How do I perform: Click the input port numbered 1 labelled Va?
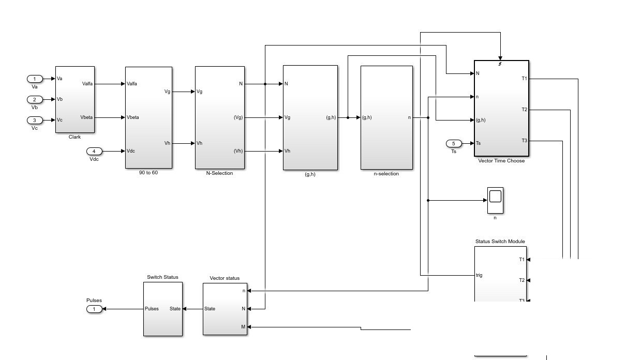coord(35,79)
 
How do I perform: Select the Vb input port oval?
coord(35,99)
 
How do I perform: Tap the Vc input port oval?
coord(35,120)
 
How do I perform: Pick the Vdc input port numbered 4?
coord(94,151)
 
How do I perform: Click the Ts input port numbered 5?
coord(454,143)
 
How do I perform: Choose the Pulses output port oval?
coord(94,309)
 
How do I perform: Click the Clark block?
coord(75,99)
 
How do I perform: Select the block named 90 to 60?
coord(148,117)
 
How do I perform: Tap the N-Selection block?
coord(220,117)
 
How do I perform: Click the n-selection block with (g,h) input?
coord(386,117)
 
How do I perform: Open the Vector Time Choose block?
coord(501,108)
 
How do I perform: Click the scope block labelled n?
coord(495,200)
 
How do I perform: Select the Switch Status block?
coord(163,309)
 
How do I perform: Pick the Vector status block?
coord(225,309)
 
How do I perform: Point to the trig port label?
coord(479,275)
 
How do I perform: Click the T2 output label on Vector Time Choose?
coord(524,110)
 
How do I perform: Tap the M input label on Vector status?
coord(243,327)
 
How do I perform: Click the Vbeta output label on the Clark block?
coord(86,117)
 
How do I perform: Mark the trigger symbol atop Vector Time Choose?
coord(500,64)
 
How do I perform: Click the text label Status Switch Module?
coord(500,241)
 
